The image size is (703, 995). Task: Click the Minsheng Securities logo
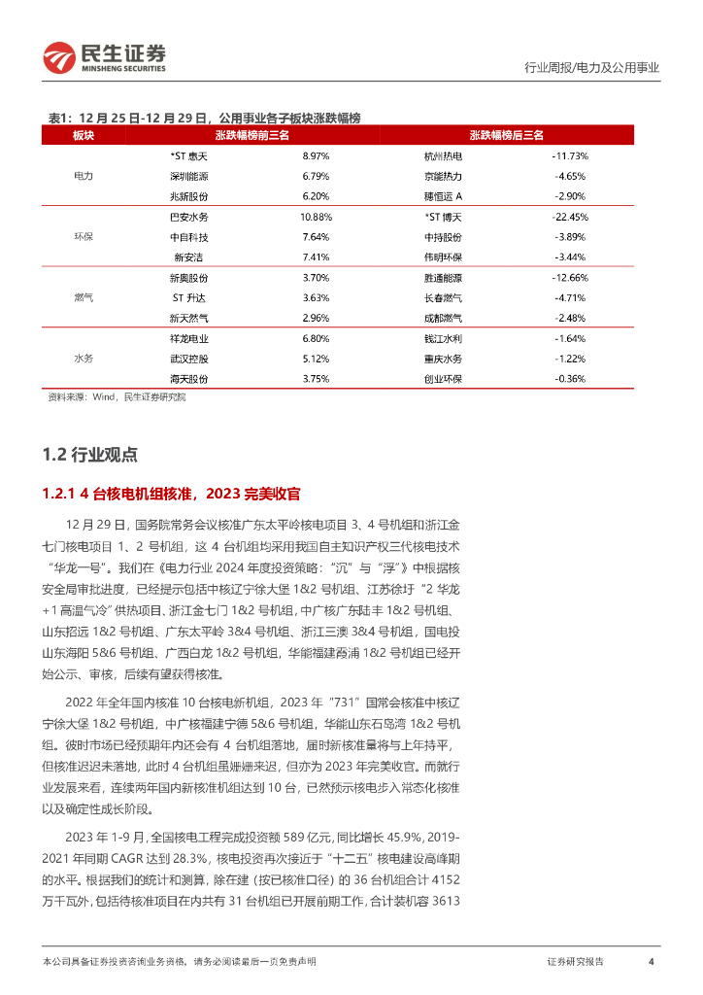point(104,57)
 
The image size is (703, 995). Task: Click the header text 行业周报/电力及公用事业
point(590,68)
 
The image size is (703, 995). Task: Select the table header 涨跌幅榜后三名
point(506,136)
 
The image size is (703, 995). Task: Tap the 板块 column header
point(84,136)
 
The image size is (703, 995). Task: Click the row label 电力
point(84,177)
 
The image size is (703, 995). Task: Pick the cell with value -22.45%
point(570,217)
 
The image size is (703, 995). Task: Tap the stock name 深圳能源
point(189,177)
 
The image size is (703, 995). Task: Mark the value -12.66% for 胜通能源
point(570,277)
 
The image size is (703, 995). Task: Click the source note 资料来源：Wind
point(117,397)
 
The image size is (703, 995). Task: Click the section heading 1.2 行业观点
point(90,454)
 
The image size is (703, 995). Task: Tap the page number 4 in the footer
point(650,961)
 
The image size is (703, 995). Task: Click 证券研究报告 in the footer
point(575,961)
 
